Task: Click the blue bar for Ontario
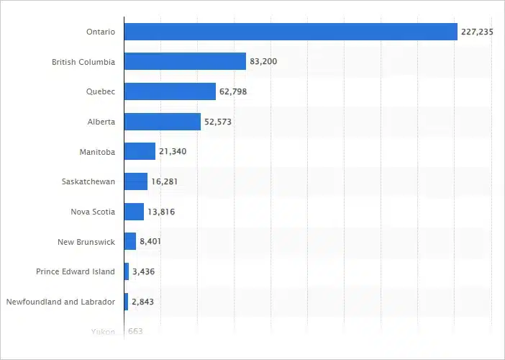(291, 32)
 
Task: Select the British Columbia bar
(185, 62)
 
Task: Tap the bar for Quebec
(170, 91)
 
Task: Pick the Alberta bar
(162, 122)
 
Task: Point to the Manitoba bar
(140, 151)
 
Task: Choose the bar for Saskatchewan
(135, 181)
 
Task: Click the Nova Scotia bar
(134, 212)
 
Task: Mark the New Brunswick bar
(129, 241)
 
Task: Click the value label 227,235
(477, 32)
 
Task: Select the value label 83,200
(263, 62)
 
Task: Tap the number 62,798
(233, 92)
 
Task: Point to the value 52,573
(218, 122)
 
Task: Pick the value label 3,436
(143, 271)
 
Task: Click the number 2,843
(142, 302)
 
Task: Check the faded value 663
(135, 331)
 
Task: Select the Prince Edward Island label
(76, 271)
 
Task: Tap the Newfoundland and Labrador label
(60, 302)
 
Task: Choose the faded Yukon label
(103, 331)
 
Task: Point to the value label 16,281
(164, 181)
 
